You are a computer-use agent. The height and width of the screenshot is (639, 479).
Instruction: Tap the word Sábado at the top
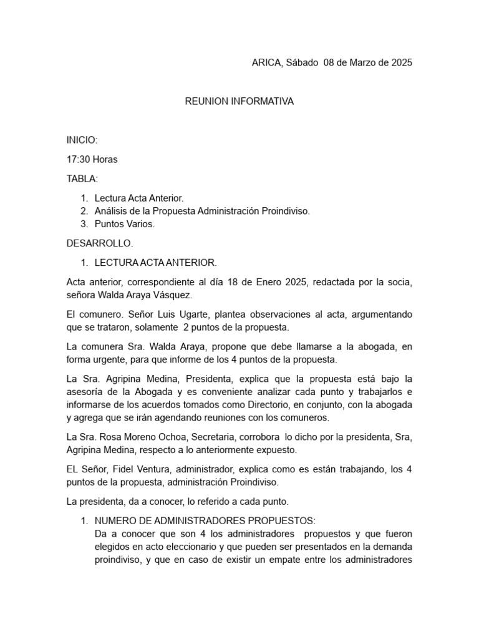click(x=302, y=62)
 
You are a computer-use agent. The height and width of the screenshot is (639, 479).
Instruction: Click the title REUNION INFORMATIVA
click(x=239, y=101)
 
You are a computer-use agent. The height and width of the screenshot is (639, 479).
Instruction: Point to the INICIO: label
click(x=82, y=140)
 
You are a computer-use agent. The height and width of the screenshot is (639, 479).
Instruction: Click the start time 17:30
click(x=78, y=159)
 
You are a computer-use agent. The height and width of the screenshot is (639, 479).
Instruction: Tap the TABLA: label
click(x=82, y=178)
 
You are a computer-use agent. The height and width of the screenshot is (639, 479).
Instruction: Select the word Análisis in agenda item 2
click(x=112, y=211)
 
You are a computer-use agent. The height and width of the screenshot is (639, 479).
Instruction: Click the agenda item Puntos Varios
click(x=124, y=223)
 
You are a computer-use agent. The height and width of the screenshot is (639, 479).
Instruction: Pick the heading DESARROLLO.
click(x=100, y=243)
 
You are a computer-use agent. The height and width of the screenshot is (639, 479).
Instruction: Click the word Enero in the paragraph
click(x=277, y=281)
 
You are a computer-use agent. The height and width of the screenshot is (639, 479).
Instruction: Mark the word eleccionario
click(x=173, y=547)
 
